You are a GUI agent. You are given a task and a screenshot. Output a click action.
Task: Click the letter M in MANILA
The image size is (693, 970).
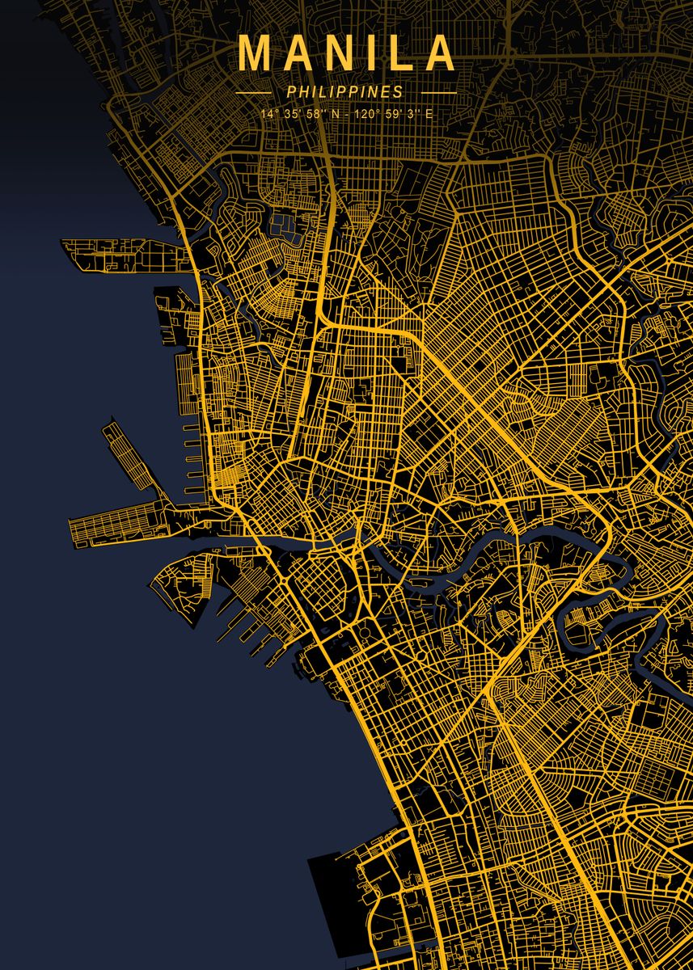(252, 54)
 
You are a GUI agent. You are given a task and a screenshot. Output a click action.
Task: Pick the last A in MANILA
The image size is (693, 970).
(442, 54)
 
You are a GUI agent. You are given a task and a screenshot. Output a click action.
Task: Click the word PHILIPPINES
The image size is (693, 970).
(344, 92)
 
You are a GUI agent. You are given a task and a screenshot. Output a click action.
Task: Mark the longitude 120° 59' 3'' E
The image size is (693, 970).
(393, 114)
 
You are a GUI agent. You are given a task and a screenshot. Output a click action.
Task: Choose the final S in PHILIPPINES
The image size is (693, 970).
(398, 92)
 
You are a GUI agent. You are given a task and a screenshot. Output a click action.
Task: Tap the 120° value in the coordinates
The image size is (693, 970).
(366, 114)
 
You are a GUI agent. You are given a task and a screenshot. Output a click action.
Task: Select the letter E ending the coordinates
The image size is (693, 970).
(429, 114)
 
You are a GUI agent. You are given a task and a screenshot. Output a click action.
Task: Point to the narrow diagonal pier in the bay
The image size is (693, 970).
(133, 458)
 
